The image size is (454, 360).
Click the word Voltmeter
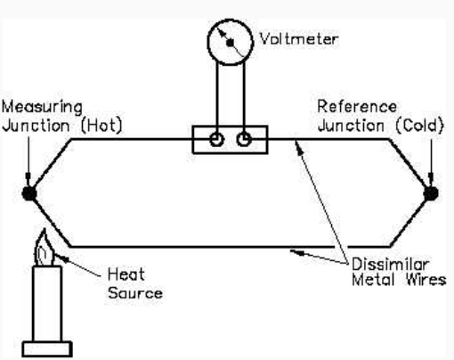(299, 39)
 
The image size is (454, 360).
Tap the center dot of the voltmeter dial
(230, 43)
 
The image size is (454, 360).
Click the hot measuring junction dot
(29, 193)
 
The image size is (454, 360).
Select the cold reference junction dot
(431, 193)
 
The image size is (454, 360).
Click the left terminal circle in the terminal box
(216, 139)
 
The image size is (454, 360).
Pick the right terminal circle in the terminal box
(244, 139)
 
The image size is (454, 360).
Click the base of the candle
(47, 349)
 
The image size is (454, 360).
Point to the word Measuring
(42, 107)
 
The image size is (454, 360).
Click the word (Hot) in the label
(101, 126)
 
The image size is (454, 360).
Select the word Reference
(357, 106)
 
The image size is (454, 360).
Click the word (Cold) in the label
(420, 126)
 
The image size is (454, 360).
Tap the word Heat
(126, 274)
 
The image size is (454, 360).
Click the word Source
(135, 293)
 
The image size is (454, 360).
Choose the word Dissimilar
(391, 264)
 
